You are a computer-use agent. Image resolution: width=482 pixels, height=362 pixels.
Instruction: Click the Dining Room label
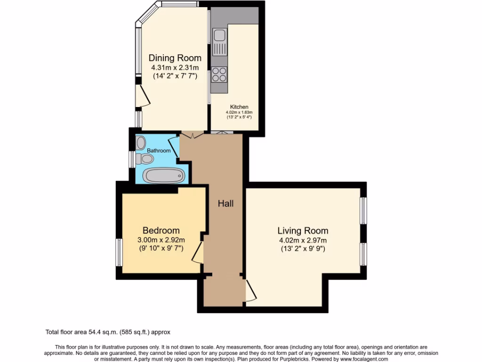(175, 58)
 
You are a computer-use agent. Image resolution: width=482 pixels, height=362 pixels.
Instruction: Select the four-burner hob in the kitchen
(219, 74)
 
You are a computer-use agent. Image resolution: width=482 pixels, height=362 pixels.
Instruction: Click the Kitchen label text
(239, 107)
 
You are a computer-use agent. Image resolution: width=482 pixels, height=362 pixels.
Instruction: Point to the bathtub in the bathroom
(163, 176)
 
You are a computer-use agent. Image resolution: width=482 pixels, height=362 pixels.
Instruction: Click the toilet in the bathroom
(142, 159)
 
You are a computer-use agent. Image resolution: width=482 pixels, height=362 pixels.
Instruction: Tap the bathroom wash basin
(141, 142)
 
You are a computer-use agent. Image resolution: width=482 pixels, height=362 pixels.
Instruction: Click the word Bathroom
(159, 151)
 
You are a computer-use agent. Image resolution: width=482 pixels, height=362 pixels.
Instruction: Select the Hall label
(225, 204)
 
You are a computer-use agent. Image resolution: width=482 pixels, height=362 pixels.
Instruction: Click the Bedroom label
(161, 230)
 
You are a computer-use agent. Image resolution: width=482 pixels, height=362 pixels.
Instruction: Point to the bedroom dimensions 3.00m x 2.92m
(161, 240)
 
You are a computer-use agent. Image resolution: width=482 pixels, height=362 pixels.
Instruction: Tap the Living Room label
(303, 230)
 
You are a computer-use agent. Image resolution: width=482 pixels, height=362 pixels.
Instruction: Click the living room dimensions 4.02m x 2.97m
(303, 240)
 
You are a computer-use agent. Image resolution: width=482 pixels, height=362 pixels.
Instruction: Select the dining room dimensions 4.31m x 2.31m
(175, 68)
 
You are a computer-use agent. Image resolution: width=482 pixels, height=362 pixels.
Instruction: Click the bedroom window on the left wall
(120, 252)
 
